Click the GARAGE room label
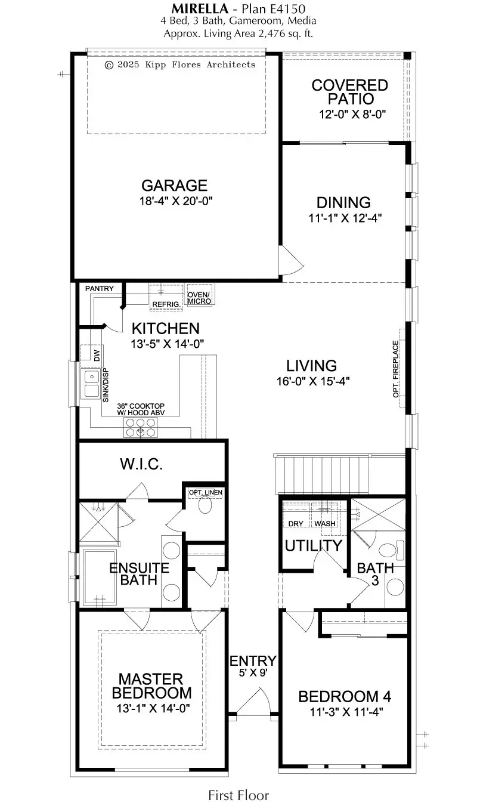[x=174, y=185]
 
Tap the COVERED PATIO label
[x=349, y=92]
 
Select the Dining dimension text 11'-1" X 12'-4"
[x=345, y=218]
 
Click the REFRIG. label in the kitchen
[x=165, y=304]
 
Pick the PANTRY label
[x=99, y=289]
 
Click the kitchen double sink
[x=91, y=384]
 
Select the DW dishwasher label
[x=97, y=356]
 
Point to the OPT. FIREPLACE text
[x=395, y=369]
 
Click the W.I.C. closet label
[x=141, y=464]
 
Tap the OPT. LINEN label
[x=206, y=492]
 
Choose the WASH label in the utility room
[x=325, y=524]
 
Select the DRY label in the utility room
[x=296, y=524]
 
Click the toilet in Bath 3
[x=394, y=548]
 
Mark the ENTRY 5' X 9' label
[x=253, y=665]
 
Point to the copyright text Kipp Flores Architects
[x=180, y=64]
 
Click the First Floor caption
[x=238, y=795]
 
